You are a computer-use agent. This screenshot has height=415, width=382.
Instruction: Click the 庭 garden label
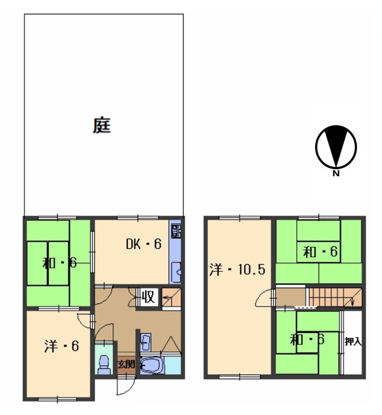102,125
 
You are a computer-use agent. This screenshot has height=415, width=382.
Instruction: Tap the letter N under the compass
336,174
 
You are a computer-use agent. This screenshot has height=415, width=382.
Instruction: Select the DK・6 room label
144,244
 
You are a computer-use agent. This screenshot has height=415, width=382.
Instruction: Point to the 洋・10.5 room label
237,270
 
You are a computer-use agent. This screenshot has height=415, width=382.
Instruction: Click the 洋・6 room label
61,346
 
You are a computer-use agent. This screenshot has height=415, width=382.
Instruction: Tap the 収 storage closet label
149,296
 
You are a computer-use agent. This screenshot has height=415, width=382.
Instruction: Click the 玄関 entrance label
127,364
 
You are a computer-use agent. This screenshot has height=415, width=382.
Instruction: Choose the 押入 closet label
353,342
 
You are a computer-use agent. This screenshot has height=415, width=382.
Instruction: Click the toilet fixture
104,364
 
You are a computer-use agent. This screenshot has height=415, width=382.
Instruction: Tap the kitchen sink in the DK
176,272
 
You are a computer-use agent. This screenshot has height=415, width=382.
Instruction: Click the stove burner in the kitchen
176,230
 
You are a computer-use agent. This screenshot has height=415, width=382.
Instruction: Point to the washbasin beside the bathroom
146,342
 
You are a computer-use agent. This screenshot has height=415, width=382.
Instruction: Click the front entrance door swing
126,386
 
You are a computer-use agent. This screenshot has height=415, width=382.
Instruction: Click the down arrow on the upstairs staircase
353,302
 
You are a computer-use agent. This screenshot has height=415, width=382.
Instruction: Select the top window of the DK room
138,218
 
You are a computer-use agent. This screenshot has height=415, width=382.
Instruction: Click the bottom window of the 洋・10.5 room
240,376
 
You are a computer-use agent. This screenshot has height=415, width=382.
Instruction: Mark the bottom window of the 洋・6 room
58,399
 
